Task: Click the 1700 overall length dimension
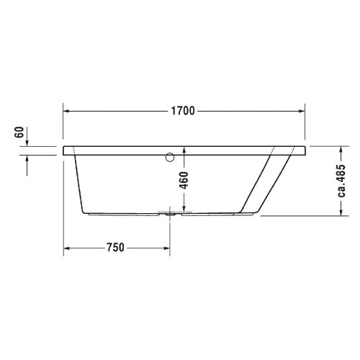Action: point(182,112)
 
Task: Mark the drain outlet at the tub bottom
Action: point(170,213)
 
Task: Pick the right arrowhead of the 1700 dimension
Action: point(303,112)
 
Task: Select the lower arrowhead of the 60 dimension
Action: point(27,159)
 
